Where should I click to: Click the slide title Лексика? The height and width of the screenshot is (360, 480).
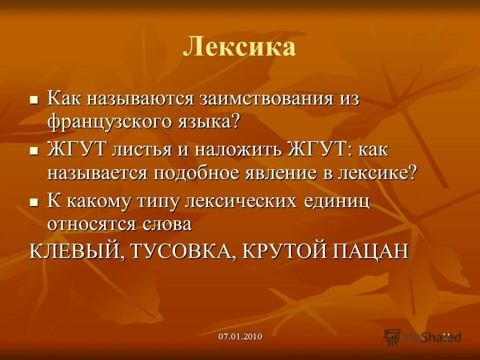coord(239,47)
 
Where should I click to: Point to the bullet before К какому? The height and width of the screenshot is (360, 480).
coord(34,203)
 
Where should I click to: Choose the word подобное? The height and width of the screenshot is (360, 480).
coord(203,173)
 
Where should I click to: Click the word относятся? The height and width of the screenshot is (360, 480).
coord(90,224)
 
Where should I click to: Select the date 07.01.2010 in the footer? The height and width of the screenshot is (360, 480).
coord(240,336)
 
